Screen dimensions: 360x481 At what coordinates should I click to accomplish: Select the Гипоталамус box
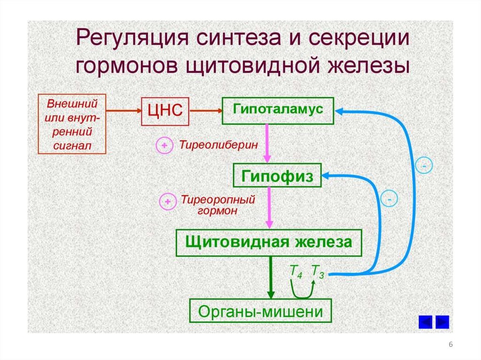point(278,111)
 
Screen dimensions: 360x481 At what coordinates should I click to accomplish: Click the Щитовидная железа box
point(269,243)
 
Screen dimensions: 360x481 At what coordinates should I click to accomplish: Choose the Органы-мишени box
point(260,310)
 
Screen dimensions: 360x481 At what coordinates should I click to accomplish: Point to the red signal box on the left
point(72,124)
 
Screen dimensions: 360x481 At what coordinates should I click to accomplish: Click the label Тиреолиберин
point(218,145)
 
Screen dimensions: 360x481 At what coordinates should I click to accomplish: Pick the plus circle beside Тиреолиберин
point(164,146)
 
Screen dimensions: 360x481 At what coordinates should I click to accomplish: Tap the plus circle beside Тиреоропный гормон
point(167,202)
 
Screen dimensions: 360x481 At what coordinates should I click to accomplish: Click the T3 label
point(318,272)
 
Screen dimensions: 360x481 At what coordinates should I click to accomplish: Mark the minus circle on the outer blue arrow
point(424,166)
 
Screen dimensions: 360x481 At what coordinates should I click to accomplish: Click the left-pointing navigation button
point(425,322)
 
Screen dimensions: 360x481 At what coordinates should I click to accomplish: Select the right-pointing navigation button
point(442,322)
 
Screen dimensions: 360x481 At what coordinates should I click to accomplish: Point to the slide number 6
point(451,345)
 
